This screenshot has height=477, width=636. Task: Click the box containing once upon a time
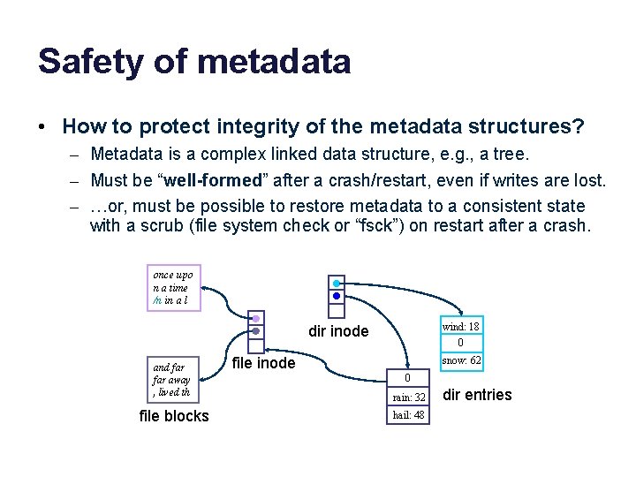pos(173,288)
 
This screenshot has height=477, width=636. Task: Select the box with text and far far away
pos(173,380)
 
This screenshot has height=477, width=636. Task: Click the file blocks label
pos(174,416)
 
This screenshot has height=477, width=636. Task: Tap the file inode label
pos(263,363)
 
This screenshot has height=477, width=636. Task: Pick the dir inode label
pos(338,332)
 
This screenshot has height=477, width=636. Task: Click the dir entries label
pos(477,395)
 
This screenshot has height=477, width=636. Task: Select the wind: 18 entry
pos(460,326)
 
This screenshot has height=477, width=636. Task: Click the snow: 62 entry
pos(460,360)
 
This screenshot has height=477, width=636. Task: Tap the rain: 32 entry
pos(408,397)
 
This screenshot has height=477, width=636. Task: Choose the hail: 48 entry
pos(408,415)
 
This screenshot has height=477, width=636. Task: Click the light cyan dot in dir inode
pos(337,284)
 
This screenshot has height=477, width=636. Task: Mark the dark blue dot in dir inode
pos(337,296)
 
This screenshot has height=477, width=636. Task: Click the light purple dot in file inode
pos(255,318)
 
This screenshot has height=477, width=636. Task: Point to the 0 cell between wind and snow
pos(460,343)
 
